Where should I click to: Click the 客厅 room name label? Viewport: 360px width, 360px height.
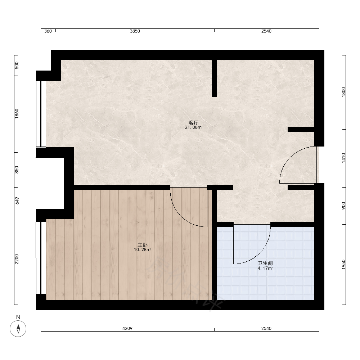[194, 123]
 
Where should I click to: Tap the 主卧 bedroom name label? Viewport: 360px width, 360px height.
[142, 245]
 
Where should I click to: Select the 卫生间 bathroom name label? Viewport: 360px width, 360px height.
[265, 264]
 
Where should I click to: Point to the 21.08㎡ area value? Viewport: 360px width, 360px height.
[194, 127]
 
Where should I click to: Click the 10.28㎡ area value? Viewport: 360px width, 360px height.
[143, 250]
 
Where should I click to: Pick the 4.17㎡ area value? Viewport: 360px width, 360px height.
[265, 269]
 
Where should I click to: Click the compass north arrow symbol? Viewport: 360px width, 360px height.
[18, 329]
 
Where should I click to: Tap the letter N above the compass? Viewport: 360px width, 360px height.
[18, 317]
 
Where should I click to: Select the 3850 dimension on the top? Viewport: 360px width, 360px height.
[135, 31]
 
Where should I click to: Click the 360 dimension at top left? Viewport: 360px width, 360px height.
[48, 31]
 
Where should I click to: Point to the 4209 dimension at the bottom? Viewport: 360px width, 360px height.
[127, 329]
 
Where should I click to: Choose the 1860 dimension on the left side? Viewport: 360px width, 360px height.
[17, 114]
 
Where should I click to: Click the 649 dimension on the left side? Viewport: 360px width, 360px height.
[17, 201]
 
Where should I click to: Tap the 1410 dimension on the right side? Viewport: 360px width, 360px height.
[343, 158]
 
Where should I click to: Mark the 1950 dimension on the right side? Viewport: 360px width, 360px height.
[343, 265]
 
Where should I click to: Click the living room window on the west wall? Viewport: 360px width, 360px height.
[41, 114]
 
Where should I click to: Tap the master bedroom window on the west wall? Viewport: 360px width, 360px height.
[41, 258]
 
